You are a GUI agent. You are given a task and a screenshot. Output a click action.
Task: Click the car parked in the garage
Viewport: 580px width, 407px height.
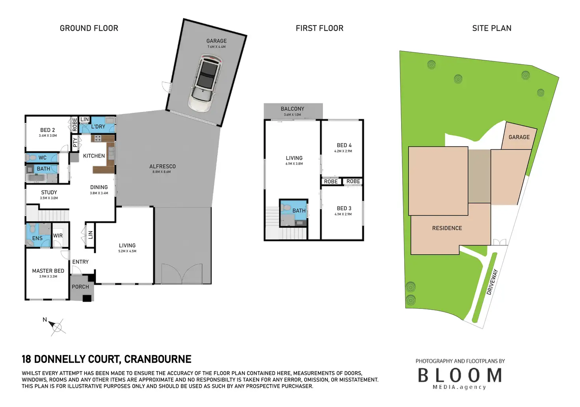pyautogui.click(x=205, y=83)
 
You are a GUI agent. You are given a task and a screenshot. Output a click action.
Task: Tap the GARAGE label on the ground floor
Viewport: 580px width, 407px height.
pyautogui.click(x=216, y=41)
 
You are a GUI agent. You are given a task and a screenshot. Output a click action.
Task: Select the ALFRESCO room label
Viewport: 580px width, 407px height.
pyautogui.click(x=162, y=167)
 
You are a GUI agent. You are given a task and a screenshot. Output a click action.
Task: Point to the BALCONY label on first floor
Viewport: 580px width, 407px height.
pyautogui.click(x=292, y=109)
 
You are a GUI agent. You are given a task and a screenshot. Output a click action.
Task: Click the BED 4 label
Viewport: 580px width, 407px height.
pyautogui.click(x=344, y=145)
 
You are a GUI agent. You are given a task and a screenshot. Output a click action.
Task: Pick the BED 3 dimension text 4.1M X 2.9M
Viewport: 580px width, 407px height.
pyautogui.click(x=343, y=214)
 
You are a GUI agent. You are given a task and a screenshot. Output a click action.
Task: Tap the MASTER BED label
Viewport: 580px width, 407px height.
pyautogui.click(x=48, y=271)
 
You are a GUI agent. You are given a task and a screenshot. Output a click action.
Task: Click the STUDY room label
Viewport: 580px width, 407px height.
pyautogui.click(x=49, y=193)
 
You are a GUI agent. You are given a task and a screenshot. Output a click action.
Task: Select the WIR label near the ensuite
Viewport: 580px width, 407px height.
pyautogui.click(x=58, y=236)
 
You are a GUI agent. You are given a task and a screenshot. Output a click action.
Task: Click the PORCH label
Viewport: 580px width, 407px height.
pyautogui.click(x=80, y=287)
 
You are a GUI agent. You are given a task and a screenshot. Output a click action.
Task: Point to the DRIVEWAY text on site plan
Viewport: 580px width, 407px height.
pyautogui.click(x=492, y=282)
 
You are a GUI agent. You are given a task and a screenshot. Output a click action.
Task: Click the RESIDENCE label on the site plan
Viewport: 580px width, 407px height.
pyautogui.click(x=447, y=228)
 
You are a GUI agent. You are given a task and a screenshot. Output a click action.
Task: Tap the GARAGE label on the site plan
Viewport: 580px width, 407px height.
pyautogui.click(x=519, y=137)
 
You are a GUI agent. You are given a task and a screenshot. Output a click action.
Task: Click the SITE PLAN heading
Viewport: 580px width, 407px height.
pyautogui.click(x=492, y=28)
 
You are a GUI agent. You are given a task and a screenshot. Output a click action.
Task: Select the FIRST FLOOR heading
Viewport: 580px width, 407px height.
pyautogui.click(x=320, y=28)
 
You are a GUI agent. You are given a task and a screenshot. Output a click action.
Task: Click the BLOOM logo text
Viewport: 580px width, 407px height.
pyautogui.click(x=460, y=375)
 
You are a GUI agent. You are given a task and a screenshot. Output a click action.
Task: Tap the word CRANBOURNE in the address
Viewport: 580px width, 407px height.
pyautogui.click(x=158, y=359)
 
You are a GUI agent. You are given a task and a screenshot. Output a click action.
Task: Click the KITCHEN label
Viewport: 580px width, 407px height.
pyautogui.click(x=94, y=156)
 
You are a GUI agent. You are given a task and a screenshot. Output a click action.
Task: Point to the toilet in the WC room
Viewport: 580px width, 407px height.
pyautogui.click(x=32, y=158)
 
